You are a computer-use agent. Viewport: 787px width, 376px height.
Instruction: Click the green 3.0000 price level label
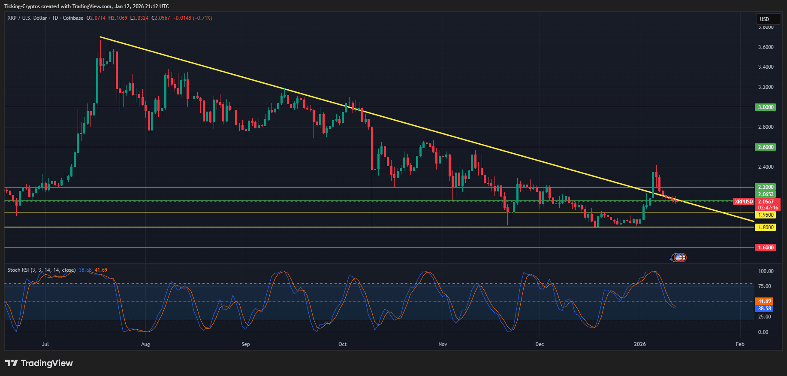click(765, 107)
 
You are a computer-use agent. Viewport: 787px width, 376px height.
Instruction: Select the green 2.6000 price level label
click(765, 147)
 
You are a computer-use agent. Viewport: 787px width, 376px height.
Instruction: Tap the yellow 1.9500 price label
click(765, 215)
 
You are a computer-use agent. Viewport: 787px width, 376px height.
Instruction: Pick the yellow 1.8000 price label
click(765, 227)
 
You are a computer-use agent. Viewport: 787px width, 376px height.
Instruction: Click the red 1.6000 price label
click(765, 248)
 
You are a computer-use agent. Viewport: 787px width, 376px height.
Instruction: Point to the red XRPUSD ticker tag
click(743, 202)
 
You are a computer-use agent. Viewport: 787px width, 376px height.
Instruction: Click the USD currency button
click(768, 19)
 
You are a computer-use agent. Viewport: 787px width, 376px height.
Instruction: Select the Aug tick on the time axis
click(145, 344)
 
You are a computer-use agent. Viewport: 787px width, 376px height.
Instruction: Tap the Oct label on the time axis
click(342, 344)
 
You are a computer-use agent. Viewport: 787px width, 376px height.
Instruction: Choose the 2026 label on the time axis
click(640, 344)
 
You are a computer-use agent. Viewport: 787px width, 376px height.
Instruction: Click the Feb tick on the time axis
click(740, 344)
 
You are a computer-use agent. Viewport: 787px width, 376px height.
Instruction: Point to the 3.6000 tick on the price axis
click(766, 47)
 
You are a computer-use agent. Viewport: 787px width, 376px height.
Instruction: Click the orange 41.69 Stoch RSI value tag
click(764, 301)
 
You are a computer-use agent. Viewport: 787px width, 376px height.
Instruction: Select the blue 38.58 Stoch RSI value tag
click(764, 309)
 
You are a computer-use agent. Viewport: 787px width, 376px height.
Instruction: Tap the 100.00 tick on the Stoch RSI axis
click(766, 271)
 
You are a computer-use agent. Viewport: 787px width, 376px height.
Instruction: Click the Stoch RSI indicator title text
click(41, 270)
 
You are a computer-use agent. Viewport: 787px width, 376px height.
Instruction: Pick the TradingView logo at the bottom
click(39, 363)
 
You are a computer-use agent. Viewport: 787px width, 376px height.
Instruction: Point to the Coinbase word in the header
click(73, 18)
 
